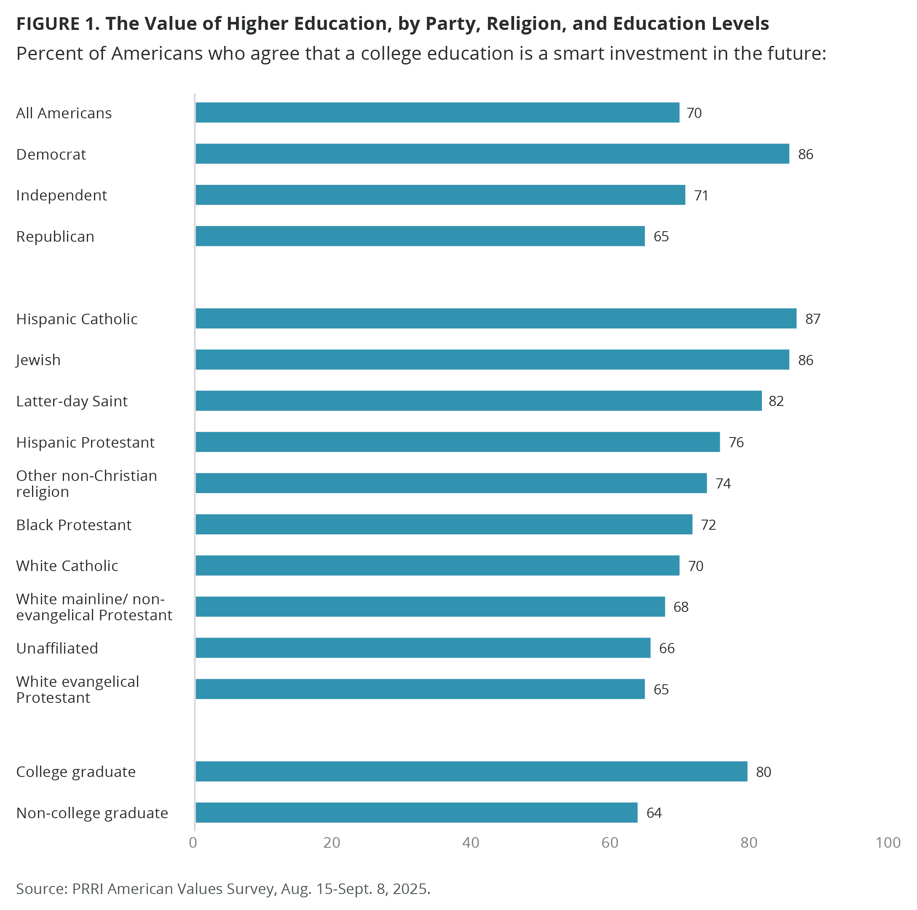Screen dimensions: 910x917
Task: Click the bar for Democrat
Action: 492,154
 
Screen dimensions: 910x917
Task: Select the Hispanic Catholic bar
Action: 496,318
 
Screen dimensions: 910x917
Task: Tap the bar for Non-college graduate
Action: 416,812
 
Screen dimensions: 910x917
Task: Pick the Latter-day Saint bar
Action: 478,401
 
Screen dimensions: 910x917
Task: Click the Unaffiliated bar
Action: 423,648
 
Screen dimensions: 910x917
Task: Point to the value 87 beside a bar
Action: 812,319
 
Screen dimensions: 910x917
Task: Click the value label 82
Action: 776,401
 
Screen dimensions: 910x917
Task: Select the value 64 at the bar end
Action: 654,813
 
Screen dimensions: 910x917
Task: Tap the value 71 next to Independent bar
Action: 701,195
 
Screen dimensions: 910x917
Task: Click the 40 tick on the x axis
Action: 471,843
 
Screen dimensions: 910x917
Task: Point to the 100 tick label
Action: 888,843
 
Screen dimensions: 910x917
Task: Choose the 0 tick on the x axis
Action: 193,843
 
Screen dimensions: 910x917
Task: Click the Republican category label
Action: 55,236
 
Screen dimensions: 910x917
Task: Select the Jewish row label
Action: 38,360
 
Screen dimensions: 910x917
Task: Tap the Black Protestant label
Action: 74,525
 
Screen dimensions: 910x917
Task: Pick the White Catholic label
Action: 67,566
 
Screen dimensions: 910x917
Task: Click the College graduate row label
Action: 76,771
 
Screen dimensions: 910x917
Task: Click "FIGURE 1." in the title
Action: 58,24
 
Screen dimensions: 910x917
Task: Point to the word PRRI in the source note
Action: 88,888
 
